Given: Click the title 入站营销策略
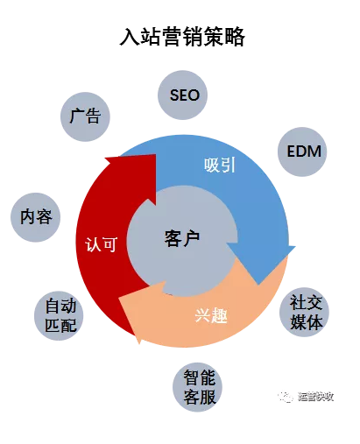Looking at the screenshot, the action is (182, 37).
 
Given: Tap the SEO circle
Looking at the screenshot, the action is (182, 95).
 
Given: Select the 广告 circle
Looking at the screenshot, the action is (85, 116).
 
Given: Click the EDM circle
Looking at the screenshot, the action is (302, 152).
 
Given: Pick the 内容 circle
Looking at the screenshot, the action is (36, 217).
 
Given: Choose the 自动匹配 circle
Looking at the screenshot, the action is (59, 315).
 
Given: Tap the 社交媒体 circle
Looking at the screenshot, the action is (304, 312).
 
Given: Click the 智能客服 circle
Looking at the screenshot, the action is (197, 387).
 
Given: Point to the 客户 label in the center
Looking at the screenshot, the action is (182, 239).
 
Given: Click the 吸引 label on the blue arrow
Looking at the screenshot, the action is (220, 165).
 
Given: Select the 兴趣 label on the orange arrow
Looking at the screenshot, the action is (211, 315).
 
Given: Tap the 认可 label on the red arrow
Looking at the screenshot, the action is (102, 244).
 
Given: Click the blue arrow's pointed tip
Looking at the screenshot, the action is (258, 285).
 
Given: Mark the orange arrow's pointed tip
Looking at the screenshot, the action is (119, 299).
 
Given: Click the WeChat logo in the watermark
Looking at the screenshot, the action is (286, 397).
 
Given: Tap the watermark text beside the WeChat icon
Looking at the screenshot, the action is (315, 397).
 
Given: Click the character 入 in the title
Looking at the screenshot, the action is (130, 37).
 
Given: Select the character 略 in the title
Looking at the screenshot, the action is (235, 37).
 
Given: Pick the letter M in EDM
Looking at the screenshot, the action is (315, 152).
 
